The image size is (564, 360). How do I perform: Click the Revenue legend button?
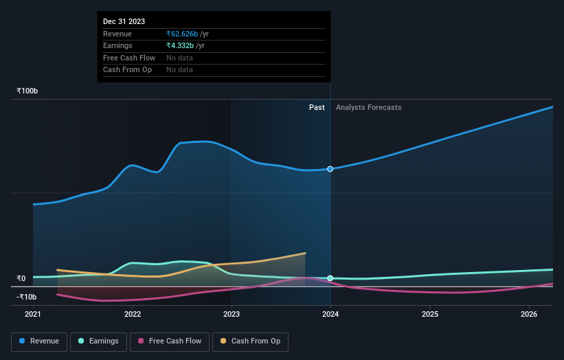click(38, 341)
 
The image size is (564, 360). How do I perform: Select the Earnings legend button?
click(99, 341)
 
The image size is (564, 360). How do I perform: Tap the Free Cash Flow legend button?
click(170, 341)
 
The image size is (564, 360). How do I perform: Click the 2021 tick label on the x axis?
click(33, 315)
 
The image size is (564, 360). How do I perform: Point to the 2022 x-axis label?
click(133, 315)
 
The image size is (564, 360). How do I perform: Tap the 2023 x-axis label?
click(232, 315)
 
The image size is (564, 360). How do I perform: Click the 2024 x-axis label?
click(330, 315)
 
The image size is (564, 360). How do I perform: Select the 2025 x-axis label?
click(430, 315)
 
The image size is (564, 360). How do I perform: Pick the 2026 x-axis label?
click(529, 315)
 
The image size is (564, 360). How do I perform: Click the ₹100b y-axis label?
click(27, 91)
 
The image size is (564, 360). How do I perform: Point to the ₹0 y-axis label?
click(21, 278)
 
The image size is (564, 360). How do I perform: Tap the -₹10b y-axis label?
click(27, 297)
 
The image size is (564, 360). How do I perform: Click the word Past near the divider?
click(317, 107)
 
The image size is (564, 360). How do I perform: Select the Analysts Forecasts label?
click(369, 107)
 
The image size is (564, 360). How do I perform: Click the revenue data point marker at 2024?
click(330, 169)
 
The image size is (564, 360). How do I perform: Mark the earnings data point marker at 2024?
click(330, 278)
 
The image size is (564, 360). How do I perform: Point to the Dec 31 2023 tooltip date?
click(124, 21)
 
